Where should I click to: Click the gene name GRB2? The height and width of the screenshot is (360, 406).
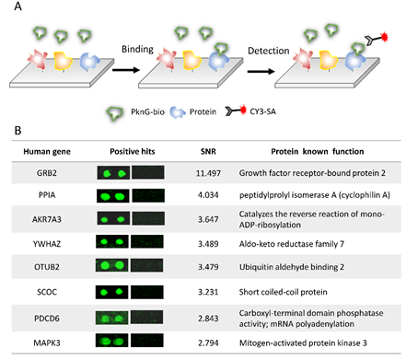[47, 173]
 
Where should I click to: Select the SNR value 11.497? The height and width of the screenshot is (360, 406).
[208, 173]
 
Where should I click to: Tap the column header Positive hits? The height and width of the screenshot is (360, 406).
[133, 151]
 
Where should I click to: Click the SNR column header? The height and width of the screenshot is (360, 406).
[208, 151]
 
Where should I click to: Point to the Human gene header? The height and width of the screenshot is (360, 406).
[47, 152]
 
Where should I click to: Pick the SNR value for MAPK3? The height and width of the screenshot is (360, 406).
[208, 343]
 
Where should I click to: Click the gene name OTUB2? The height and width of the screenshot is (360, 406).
[47, 267]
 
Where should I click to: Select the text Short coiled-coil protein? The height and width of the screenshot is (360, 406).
[283, 292]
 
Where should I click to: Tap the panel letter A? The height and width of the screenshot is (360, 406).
[17, 6]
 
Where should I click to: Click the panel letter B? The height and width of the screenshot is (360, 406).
[17, 131]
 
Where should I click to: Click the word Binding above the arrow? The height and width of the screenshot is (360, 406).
[137, 49]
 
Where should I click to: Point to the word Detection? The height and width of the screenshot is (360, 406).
[269, 51]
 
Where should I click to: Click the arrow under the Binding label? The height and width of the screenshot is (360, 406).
[126, 70]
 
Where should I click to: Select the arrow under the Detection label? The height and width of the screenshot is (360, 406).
[261, 72]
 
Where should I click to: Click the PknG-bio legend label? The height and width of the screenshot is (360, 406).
[147, 111]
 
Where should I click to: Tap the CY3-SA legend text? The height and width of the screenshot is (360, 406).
[262, 111]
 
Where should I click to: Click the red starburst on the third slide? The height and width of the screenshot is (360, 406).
[384, 37]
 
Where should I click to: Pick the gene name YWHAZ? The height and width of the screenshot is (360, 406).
[47, 244]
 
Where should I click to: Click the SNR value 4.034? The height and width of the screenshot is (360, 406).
[208, 195]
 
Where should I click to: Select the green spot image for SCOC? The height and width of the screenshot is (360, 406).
[111, 292]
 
